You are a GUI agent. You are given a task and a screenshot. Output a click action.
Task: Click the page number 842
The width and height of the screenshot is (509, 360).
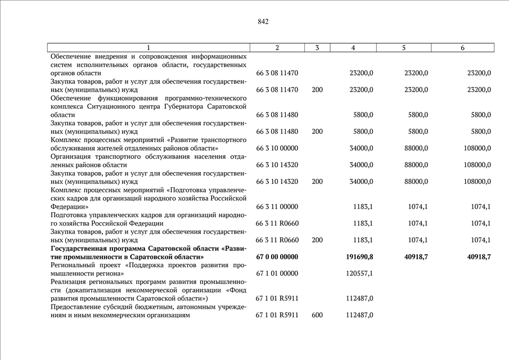pyautogui.click(x=263, y=22)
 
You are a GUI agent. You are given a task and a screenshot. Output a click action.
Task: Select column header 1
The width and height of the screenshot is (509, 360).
pyautogui.click(x=148, y=48)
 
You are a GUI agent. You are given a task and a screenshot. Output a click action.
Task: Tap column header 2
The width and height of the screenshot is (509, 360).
pyautogui.click(x=277, y=48)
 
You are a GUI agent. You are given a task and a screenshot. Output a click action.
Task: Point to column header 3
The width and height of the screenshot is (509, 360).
pyautogui.click(x=317, y=48)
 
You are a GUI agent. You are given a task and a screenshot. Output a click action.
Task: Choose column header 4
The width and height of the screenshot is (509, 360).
pyautogui.click(x=353, y=48)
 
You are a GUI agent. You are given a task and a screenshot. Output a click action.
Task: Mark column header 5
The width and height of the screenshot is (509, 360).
pyautogui.click(x=404, y=48)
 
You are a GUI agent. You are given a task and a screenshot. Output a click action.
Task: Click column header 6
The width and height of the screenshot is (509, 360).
pyautogui.click(x=462, y=48)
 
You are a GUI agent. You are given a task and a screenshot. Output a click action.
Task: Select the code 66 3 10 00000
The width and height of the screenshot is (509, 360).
pyautogui.click(x=277, y=148)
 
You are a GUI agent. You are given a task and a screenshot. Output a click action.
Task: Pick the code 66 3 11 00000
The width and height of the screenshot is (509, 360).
pyautogui.click(x=277, y=206)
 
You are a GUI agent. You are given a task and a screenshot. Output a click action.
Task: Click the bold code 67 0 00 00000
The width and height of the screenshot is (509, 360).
pyautogui.click(x=277, y=256)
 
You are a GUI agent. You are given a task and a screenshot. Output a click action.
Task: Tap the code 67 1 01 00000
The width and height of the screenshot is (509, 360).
pyautogui.click(x=277, y=273)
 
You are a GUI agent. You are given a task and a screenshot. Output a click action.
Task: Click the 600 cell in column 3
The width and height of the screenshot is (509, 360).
pyautogui.click(x=317, y=315)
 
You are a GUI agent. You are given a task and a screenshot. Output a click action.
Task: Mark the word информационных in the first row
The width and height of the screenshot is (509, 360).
pyautogui.click(x=217, y=56)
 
